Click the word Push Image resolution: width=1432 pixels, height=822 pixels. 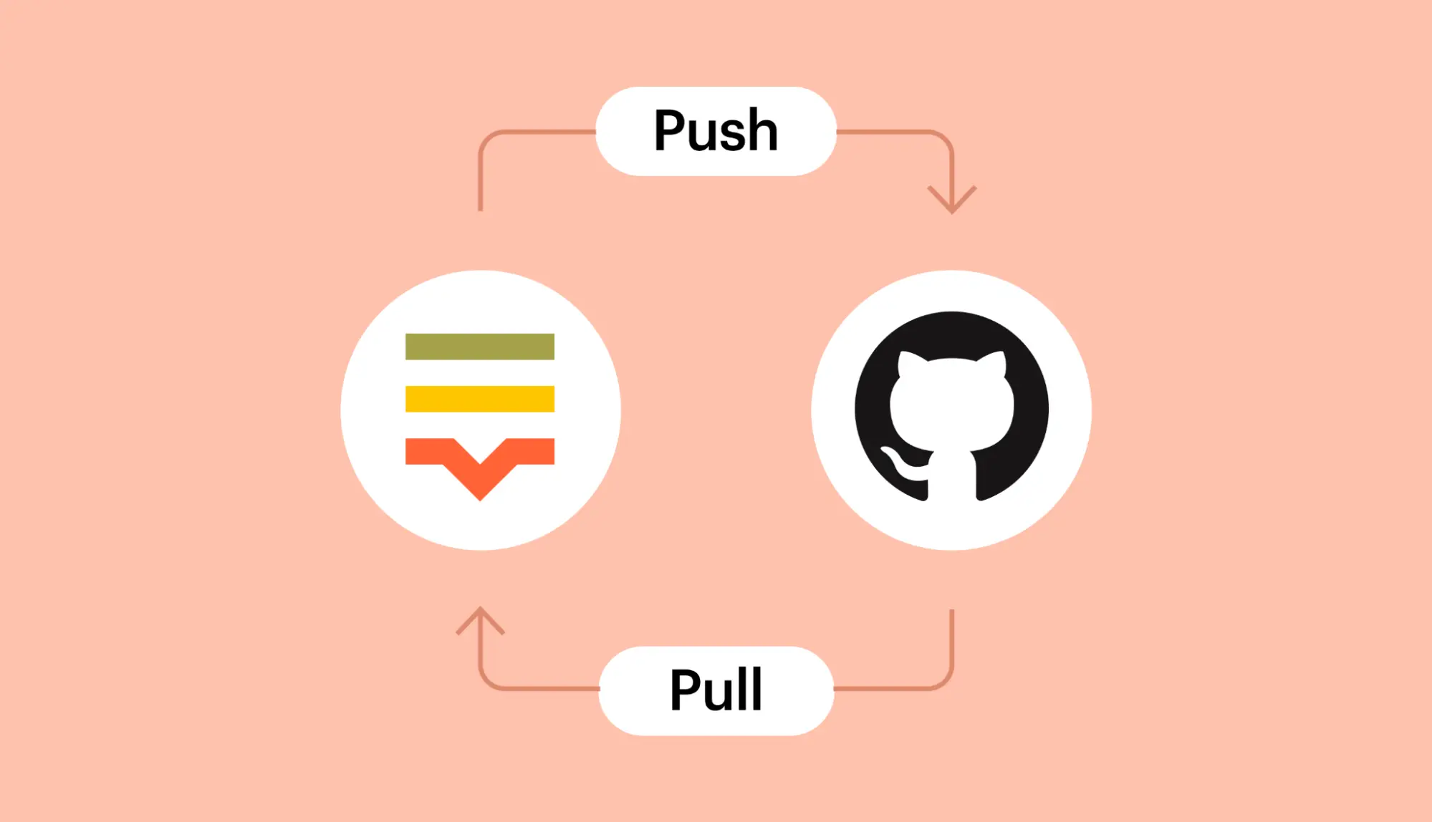coord(716,130)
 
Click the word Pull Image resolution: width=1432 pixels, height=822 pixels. coord(716,689)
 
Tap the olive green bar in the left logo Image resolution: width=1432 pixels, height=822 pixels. coord(480,347)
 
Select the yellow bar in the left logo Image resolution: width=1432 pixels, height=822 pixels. coord(480,399)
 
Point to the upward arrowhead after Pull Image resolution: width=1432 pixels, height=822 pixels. coord(480,620)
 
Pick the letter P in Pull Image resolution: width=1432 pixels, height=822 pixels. coord(686,689)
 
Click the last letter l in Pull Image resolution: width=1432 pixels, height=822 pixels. coord(756,688)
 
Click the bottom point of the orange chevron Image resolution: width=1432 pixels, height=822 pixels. coord(480,501)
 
